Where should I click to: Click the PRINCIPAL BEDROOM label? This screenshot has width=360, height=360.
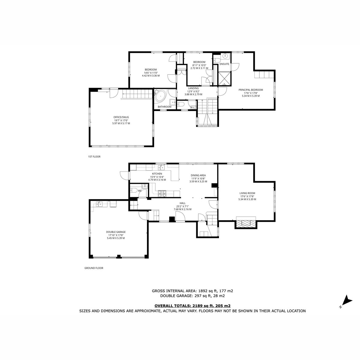coord(251,90)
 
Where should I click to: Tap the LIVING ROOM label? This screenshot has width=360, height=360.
coord(247,193)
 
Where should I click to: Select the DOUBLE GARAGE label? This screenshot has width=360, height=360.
coord(116,232)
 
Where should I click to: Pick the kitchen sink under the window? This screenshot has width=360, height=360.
coord(161,167)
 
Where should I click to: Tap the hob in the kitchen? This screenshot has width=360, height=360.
coord(162,193)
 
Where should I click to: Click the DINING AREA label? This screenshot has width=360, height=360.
coord(198,175)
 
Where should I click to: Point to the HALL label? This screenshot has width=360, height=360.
coord(182,203)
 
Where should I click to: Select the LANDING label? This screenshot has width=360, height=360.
coord(193,88)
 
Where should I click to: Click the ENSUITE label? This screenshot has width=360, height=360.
coord(224,64)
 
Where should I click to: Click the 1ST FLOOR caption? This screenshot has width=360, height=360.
coord(94,157)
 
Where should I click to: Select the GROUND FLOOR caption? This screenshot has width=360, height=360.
coord(94,268)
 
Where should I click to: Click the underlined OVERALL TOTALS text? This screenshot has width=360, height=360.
coord(192,306)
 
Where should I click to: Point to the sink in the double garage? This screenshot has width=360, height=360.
coord(99,204)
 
